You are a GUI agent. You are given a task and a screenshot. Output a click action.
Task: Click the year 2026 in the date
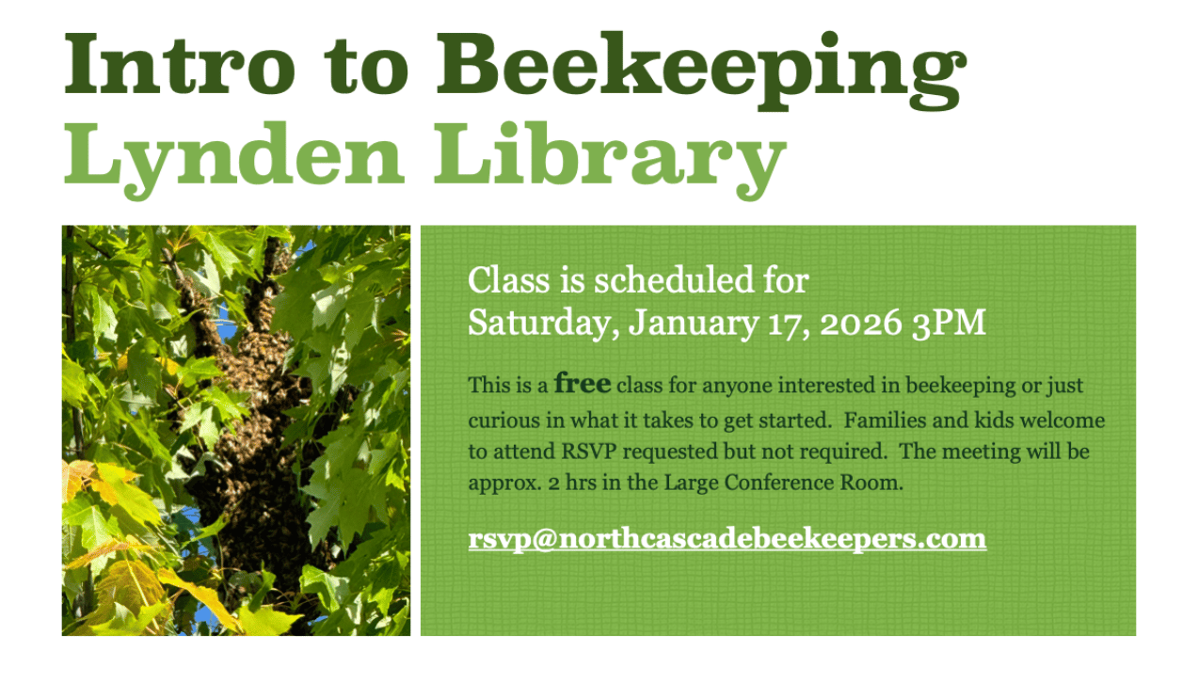tap(861, 323)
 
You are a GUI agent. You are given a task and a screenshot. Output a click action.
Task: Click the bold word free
tap(583, 384)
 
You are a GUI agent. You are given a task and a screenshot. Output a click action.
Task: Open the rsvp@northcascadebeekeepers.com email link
tap(727, 539)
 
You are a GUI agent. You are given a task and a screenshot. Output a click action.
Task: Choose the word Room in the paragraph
tap(878, 484)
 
